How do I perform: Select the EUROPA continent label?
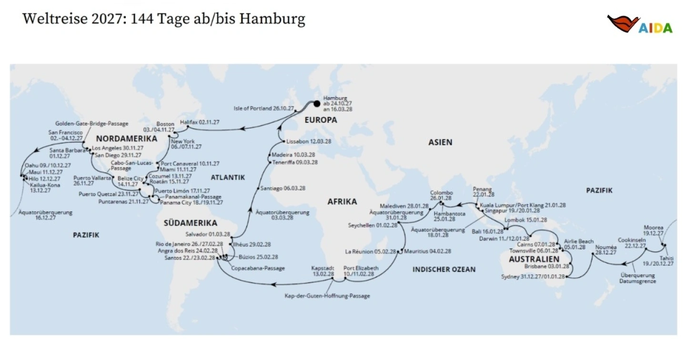pyautogui.click(x=321, y=120)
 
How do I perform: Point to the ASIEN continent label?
pyautogui.click(x=440, y=142)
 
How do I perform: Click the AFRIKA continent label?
pyautogui.click(x=342, y=201)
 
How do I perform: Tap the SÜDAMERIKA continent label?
pyautogui.click(x=190, y=223)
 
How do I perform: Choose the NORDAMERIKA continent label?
pyautogui.click(x=126, y=139)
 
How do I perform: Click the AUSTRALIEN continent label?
pyautogui.click(x=531, y=260)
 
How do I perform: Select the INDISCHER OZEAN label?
pyautogui.click(x=444, y=270)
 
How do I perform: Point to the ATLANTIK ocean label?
pyautogui.click(x=227, y=177)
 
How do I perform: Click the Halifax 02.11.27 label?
pyautogui.click(x=200, y=122)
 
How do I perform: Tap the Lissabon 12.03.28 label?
pyautogui.click(x=308, y=141)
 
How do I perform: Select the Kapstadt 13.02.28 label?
pyautogui.click(x=323, y=271)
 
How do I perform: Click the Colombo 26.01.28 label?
pyautogui.click(x=442, y=195)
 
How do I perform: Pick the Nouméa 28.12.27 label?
pyautogui.click(x=605, y=250)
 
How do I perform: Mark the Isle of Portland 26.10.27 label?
pyautogui.click(x=263, y=108)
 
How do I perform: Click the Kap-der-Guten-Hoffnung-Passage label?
pyautogui.click(x=327, y=296)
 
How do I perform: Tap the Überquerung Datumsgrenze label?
pyautogui.click(x=637, y=278)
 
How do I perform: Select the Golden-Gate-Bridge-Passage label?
pyautogui.click(x=91, y=123)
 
